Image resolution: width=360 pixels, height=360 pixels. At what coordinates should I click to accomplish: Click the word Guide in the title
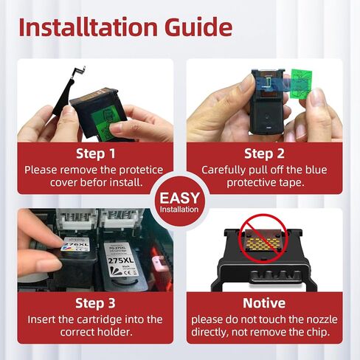pos(198,27)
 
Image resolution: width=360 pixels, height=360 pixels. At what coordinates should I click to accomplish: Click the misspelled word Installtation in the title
pos(88,27)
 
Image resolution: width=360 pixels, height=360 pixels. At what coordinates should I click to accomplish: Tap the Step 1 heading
pos(96,154)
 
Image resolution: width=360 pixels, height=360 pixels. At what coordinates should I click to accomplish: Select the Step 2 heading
pos(264,154)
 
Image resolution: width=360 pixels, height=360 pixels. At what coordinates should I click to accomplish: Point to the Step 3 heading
pos(95,303)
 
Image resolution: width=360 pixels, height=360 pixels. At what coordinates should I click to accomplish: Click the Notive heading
pos(264,303)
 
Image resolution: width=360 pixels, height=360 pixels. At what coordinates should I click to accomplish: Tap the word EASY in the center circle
pos(179,198)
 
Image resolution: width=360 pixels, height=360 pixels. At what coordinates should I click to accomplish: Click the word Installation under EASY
pos(179,210)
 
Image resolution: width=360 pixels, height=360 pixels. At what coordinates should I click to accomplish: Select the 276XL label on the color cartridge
pos(76,244)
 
